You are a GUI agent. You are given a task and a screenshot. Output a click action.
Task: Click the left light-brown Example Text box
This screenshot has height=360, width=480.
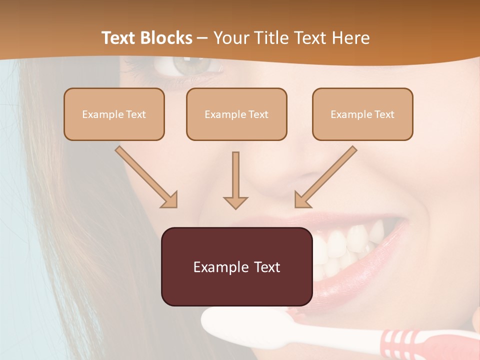tap(114, 114)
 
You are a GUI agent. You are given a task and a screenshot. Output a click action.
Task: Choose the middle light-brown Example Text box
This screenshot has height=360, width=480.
tap(236, 114)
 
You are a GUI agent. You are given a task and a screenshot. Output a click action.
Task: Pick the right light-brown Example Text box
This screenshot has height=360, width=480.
tap(362, 114)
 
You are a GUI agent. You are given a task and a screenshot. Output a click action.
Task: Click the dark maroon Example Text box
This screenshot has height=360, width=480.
tap(236, 266)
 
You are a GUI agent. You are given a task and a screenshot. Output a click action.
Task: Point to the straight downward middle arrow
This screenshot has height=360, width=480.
tap(235, 180)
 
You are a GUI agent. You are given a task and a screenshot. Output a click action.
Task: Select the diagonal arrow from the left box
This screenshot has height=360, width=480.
tap(146, 177)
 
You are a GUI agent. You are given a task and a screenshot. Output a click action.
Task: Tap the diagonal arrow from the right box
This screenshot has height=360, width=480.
tap(325, 177)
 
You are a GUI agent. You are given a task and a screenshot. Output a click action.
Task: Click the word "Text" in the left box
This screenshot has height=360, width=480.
tap(135, 114)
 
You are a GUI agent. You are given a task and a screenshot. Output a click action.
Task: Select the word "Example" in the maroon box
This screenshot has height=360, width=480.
tap(214, 267)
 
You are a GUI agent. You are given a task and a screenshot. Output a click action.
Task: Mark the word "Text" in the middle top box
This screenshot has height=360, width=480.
tap(258, 114)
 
